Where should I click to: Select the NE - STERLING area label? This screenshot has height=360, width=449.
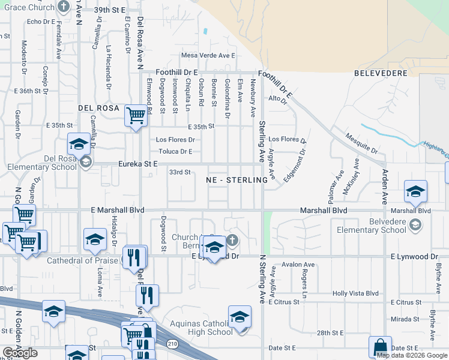click(x=237, y=180)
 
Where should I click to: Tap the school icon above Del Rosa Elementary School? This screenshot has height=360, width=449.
click(x=79, y=144)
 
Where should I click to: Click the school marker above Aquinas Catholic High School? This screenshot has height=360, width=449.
click(x=240, y=316)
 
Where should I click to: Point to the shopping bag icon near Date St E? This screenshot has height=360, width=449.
click(x=380, y=346)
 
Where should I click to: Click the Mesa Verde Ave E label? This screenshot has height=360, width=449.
click(x=208, y=56)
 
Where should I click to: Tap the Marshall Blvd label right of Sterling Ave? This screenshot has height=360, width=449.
click(x=324, y=211)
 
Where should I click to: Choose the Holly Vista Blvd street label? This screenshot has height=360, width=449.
click(x=356, y=293)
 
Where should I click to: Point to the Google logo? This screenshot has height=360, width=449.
click(x=20, y=353)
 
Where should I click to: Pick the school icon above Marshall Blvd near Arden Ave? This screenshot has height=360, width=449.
click(x=415, y=191)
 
